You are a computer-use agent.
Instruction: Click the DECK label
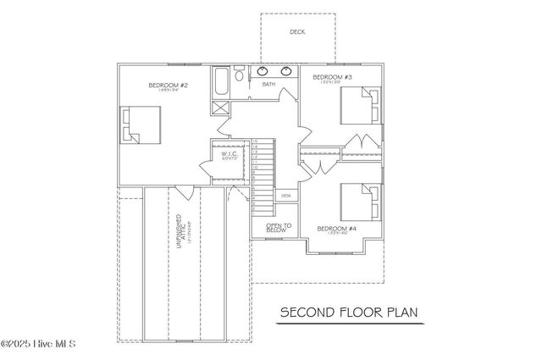pyautogui.click(x=297, y=32)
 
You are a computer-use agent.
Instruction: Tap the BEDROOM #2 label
pyautogui.click(x=168, y=86)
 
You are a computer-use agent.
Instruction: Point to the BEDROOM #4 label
pyautogui.click(x=335, y=228)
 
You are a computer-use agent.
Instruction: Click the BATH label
pyautogui.click(x=268, y=85)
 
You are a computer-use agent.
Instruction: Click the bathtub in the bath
pyautogui.click(x=221, y=83)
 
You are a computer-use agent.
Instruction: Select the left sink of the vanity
pyautogui.click(x=262, y=71)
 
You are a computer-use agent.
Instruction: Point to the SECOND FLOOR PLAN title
pyautogui.click(x=349, y=313)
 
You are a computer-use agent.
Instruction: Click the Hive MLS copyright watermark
pyautogui.click(x=38, y=344)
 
